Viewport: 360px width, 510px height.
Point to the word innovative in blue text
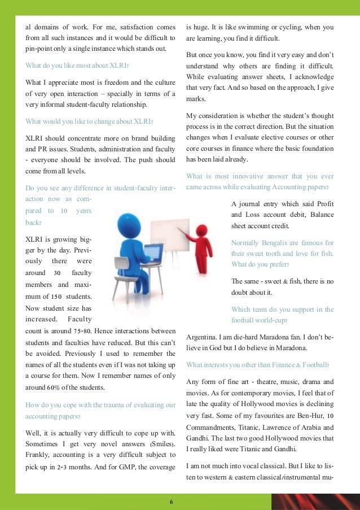click(x=239, y=176)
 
